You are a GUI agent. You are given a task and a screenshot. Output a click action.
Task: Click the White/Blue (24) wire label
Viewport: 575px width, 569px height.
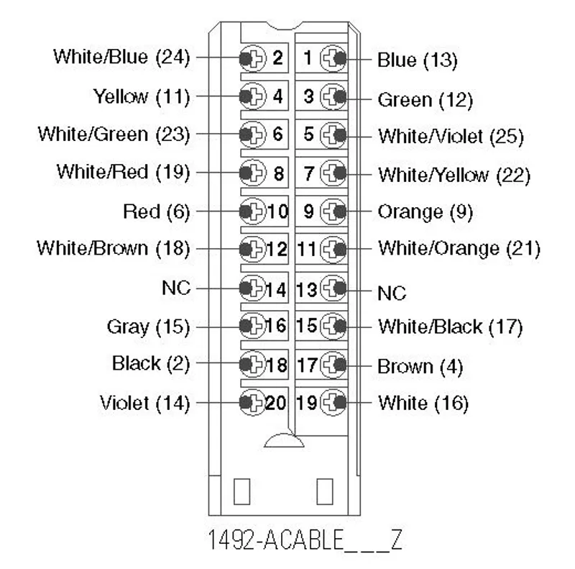(x=121, y=57)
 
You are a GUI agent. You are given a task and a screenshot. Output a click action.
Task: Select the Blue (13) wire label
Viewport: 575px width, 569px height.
(x=418, y=60)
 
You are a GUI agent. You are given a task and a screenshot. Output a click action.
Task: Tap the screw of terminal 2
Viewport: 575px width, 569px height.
(x=253, y=58)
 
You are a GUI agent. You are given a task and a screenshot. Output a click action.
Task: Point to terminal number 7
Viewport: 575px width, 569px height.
(x=309, y=173)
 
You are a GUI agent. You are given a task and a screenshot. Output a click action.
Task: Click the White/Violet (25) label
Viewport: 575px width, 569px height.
(x=451, y=136)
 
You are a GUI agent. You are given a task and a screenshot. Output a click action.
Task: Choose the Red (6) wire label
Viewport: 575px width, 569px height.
(x=157, y=211)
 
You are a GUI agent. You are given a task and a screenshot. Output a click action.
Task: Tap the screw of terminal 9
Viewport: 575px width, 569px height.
(x=333, y=211)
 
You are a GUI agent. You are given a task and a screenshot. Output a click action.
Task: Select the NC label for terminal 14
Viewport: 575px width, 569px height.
(x=176, y=288)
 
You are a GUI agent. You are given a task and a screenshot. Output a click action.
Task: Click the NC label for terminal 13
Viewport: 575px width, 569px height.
(x=392, y=293)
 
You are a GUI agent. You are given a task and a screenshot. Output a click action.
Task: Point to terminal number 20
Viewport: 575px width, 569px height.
(x=275, y=403)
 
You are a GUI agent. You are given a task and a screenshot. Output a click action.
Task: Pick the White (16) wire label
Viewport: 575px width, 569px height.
(x=423, y=403)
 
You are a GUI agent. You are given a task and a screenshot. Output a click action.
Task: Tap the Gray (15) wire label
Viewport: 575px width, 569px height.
(x=149, y=327)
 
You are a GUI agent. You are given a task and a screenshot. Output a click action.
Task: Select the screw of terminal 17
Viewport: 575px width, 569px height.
(x=333, y=365)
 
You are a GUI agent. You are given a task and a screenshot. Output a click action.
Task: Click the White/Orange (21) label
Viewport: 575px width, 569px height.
(x=459, y=248)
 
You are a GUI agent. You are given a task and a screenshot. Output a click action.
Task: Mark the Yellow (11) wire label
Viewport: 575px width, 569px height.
(x=142, y=96)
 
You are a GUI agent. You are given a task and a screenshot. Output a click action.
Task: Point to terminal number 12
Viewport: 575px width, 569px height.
(x=277, y=250)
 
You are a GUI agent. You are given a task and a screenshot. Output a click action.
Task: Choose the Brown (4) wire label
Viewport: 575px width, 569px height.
(x=420, y=366)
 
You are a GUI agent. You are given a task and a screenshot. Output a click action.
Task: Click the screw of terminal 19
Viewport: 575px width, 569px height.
(x=333, y=402)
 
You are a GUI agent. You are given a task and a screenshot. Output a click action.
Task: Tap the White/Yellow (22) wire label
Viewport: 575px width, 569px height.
(x=454, y=175)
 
